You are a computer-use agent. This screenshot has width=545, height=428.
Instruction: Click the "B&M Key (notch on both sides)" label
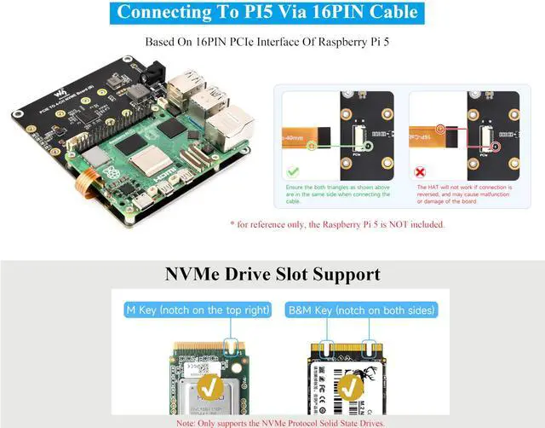coord(363,309)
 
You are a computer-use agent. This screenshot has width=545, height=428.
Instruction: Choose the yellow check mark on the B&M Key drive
coord(350,388)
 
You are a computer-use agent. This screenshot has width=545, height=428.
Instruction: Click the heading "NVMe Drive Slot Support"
coord(272,275)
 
